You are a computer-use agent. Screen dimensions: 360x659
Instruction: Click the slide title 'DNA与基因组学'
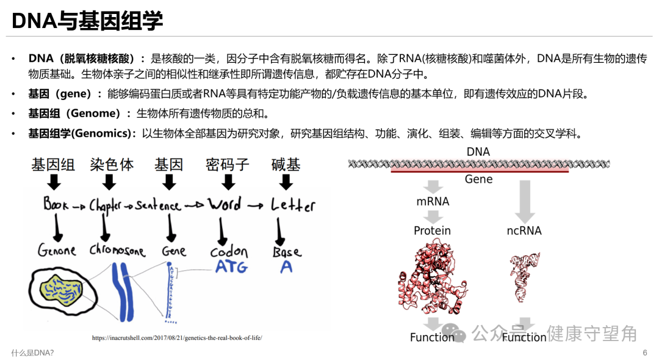87,21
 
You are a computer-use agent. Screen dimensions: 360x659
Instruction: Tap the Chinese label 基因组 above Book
53,165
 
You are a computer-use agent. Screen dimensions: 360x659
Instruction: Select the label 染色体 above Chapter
111,165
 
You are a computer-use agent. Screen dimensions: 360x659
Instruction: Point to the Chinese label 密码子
228,165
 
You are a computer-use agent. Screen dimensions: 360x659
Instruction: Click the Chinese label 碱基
286,165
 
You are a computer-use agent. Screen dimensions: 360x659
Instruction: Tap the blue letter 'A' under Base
286,267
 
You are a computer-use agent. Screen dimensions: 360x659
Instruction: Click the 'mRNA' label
433,201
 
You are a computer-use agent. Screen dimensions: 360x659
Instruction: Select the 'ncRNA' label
524,231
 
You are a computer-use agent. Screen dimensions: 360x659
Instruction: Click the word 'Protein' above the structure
432,231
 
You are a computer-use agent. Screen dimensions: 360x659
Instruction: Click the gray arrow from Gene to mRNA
433,187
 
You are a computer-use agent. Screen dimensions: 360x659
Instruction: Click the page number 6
644,353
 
